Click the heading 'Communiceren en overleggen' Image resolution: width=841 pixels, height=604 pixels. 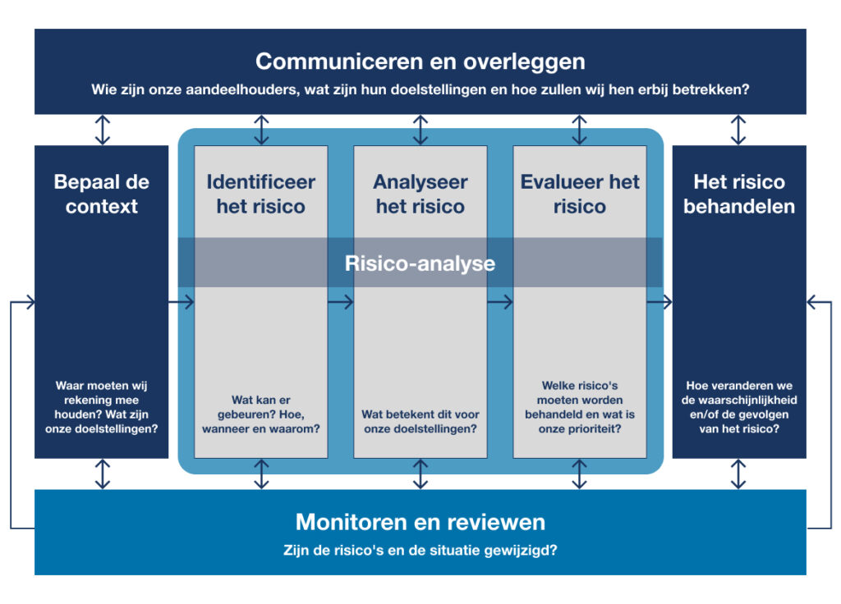pos(420,62)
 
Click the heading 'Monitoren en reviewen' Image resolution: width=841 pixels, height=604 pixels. pos(420,522)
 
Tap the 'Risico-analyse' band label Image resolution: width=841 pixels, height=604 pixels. pos(420,263)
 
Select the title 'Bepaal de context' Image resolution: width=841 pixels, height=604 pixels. pos(101,194)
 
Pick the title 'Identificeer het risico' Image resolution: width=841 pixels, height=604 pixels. pos(260,194)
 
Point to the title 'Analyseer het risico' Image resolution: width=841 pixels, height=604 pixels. pos(420,194)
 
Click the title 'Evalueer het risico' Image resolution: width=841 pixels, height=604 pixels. pos(580,194)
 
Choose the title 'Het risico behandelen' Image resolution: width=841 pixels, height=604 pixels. pos(739,194)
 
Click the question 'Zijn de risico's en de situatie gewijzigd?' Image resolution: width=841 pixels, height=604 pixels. pos(420,551)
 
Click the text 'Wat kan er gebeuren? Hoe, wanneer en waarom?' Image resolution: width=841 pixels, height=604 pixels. pos(260,414)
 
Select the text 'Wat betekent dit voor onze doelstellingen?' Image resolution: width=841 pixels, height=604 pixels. pos(420,421)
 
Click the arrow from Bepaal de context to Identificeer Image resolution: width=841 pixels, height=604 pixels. pos(181,302)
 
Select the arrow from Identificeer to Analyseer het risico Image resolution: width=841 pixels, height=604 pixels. pos(341,302)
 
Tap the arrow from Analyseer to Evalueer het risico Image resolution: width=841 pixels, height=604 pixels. pos(500,302)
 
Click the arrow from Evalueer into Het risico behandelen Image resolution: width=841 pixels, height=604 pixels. pos(659,302)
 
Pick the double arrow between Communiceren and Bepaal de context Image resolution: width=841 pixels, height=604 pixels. pos(103,130)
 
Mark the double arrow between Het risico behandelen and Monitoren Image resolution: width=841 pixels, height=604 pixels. pos(738,474)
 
